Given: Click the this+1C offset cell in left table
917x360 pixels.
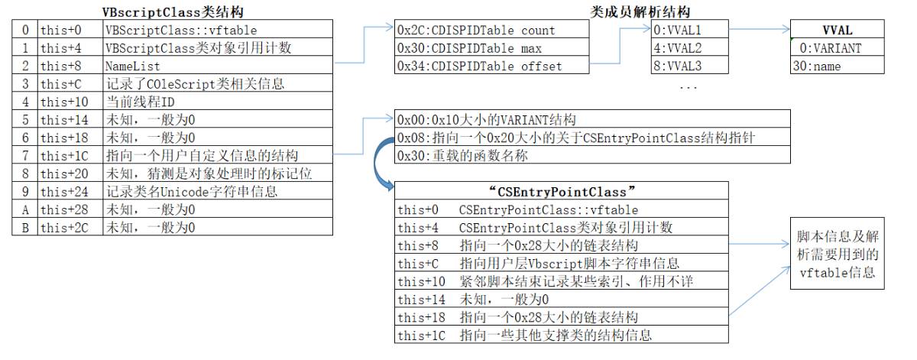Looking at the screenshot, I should coord(70,156).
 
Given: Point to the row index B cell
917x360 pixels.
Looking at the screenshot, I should coord(25,227).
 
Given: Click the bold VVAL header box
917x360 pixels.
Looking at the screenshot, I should coord(837,31).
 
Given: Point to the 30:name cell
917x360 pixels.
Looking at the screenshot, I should coord(837,66).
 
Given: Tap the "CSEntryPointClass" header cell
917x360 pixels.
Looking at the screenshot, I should coord(562,191).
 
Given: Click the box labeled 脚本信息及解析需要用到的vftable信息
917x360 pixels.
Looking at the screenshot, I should coord(837,253).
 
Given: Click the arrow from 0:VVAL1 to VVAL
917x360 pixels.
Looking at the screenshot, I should coord(757,31).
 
